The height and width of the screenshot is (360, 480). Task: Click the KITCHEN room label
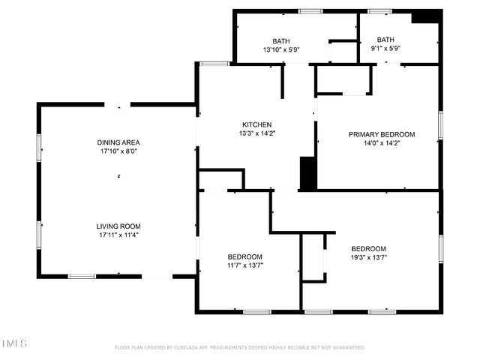click(x=256, y=124)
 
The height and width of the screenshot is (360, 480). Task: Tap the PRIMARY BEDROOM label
click(x=381, y=134)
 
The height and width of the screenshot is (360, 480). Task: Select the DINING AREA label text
click(x=118, y=142)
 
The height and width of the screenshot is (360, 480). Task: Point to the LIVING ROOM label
click(x=118, y=226)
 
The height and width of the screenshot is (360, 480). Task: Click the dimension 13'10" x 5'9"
click(x=281, y=49)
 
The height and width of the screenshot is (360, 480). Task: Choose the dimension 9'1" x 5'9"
click(x=385, y=48)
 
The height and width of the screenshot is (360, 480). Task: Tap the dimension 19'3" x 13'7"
click(x=368, y=257)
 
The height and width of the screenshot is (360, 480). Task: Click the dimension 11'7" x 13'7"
click(x=244, y=265)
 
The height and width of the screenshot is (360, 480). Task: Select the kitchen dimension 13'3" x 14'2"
click(x=256, y=133)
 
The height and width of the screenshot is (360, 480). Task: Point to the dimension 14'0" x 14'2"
click(x=381, y=143)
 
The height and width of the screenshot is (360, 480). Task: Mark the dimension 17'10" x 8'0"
click(x=118, y=151)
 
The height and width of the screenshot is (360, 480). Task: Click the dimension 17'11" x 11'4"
click(x=118, y=235)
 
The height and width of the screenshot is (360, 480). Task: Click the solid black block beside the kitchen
click(x=307, y=173)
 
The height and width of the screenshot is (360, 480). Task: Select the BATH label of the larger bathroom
click(x=281, y=41)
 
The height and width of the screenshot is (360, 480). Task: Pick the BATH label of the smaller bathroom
click(x=385, y=40)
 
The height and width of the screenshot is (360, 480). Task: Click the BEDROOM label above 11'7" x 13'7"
click(x=244, y=256)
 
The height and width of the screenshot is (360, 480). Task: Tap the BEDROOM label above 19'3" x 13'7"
click(x=368, y=249)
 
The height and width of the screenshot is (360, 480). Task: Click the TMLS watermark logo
click(x=14, y=343)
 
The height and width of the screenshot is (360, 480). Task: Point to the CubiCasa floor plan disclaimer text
click(x=239, y=348)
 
